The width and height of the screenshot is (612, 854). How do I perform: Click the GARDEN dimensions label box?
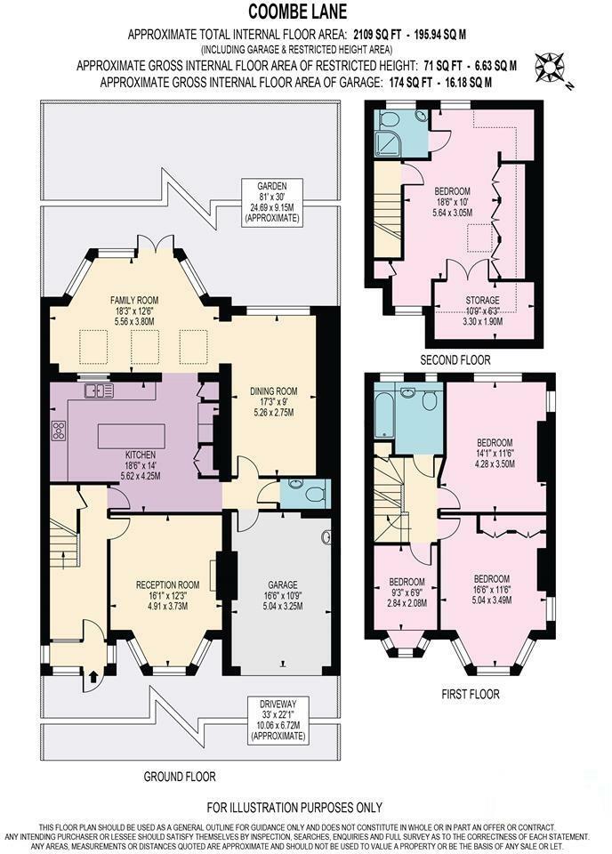(271, 200)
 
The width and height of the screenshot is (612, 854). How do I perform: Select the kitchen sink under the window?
(95, 390)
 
